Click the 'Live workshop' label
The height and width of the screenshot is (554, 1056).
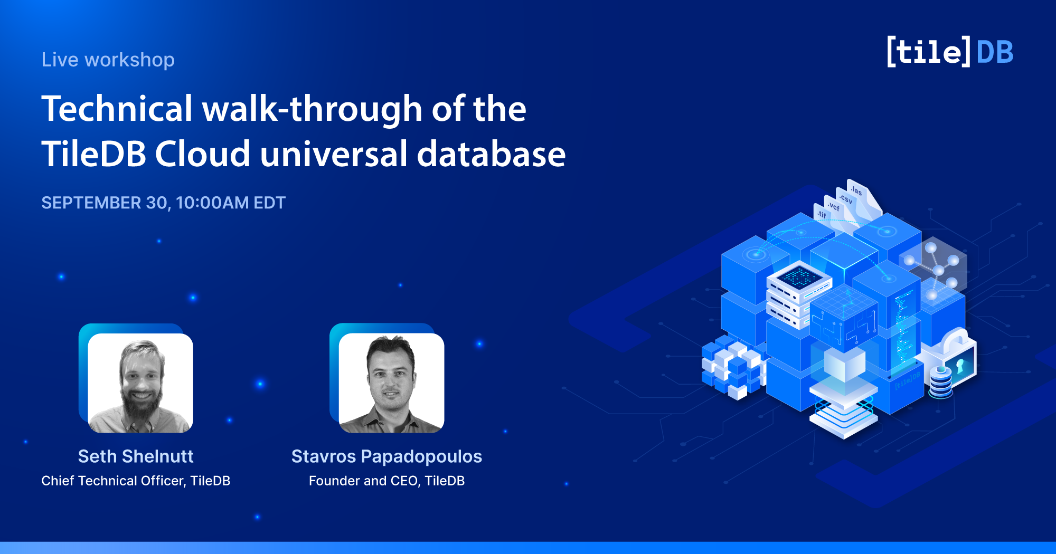(x=108, y=60)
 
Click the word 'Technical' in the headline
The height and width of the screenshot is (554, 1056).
(x=117, y=109)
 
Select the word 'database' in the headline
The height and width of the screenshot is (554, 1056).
(x=492, y=154)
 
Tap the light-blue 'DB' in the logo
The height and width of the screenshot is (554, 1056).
(x=995, y=52)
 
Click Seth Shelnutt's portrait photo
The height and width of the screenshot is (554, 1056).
(x=140, y=383)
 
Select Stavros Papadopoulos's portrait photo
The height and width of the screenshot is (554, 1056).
(x=391, y=383)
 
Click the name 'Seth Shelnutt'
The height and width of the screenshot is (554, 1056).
(x=136, y=456)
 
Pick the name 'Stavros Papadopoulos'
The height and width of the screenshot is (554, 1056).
(x=386, y=456)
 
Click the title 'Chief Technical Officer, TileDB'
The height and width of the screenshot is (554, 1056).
(x=136, y=481)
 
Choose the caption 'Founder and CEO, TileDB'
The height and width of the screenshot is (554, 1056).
(x=386, y=481)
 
